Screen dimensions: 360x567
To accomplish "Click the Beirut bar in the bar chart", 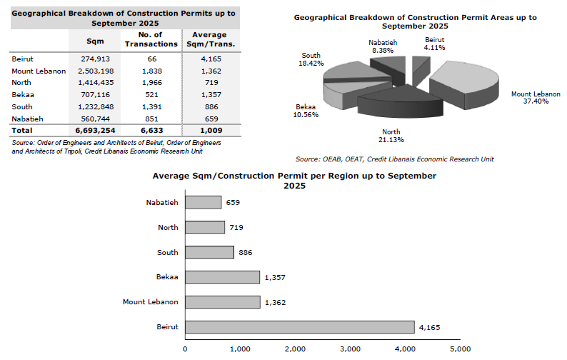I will click(300, 326).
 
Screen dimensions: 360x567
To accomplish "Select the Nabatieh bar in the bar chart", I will click(204, 202).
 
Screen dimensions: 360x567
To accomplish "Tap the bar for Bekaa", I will click(222, 276).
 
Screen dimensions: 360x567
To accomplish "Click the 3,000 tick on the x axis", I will click(350, 349).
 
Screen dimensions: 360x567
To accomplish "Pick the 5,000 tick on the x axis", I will click(461, 349).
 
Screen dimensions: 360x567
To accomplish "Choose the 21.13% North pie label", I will click(391, 135).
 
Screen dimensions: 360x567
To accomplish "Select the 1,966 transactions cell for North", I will click(151, 84).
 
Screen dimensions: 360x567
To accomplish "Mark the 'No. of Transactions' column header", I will click(151, 39).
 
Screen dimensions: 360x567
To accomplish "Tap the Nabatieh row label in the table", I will click(28, 119).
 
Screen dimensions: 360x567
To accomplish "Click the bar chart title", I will click(294, 180).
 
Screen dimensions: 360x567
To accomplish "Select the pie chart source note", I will click(394, 159).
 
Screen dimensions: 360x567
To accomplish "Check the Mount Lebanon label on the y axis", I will click(151, 302).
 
